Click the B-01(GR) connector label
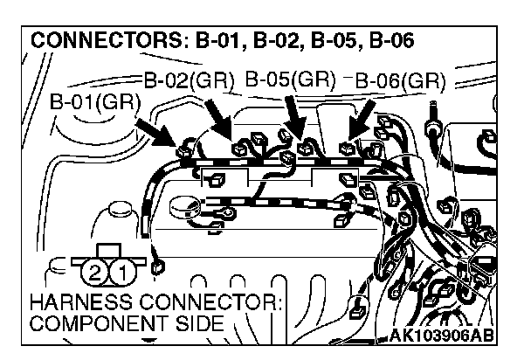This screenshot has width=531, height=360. tap(96, 100)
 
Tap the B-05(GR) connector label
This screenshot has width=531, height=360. tap(291, 79)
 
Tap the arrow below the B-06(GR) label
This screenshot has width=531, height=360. tap(361, 116)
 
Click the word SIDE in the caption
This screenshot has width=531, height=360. tap(194, 325)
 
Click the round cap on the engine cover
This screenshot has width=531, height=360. tap(183, 209)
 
